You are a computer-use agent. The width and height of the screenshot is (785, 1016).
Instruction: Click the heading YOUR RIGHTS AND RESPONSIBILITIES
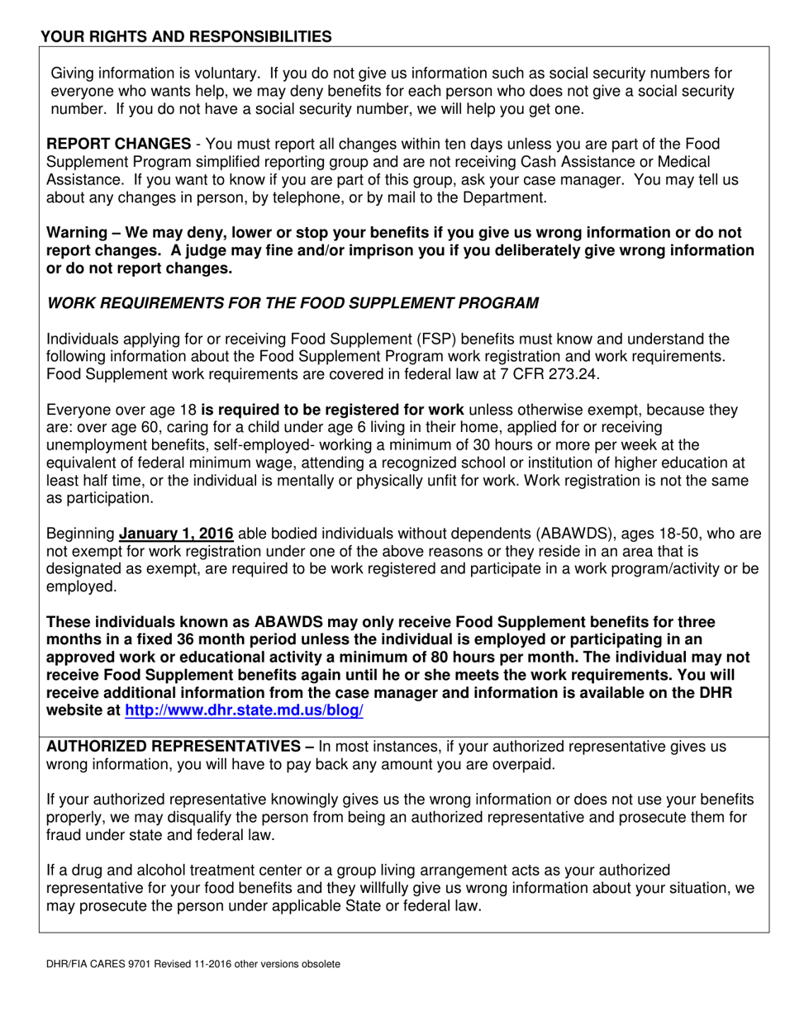pos(187,36)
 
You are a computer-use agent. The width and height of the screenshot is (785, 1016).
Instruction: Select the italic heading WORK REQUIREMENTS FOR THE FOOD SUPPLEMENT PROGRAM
pos(293,303)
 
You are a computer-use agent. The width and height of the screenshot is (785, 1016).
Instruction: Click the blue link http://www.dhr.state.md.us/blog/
pos(244,710)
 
